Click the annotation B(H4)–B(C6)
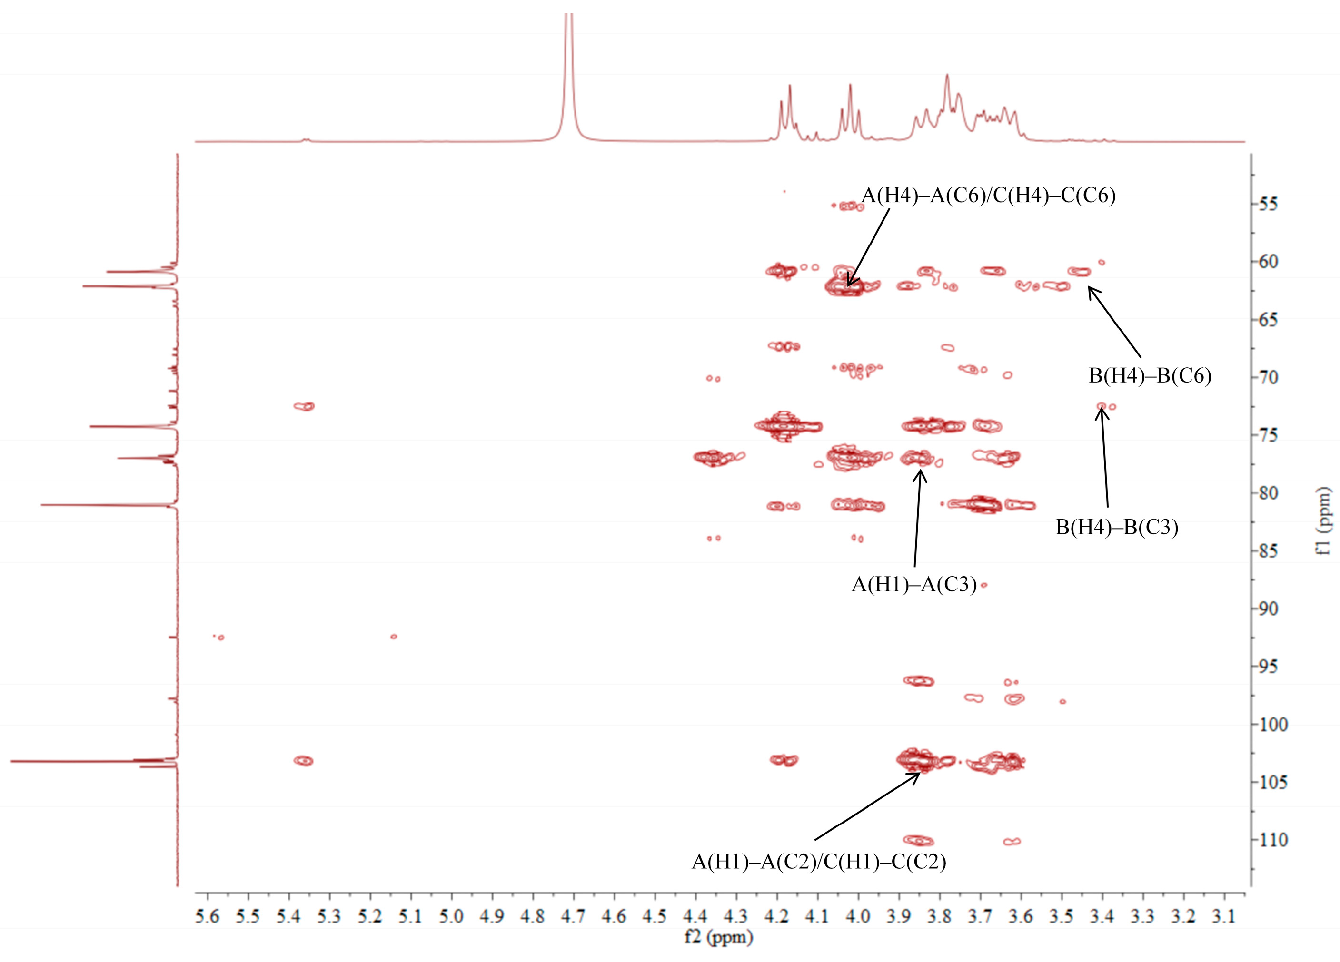click(x=1150, y=375)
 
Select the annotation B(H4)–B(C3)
click(x=1117, y=527)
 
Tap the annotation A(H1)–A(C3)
click(x=913, y=584)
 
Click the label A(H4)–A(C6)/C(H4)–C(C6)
click(x=988, y=195)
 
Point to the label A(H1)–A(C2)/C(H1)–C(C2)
click(x=819, y=862)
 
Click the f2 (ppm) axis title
click(x=718, y=937)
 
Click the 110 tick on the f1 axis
click(x=1272, y=839)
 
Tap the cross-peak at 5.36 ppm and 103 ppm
click(x=304, y=761)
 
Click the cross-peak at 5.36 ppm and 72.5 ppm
click(x=304, y=406)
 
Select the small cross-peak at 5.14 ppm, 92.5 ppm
click(x=394, y=637)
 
